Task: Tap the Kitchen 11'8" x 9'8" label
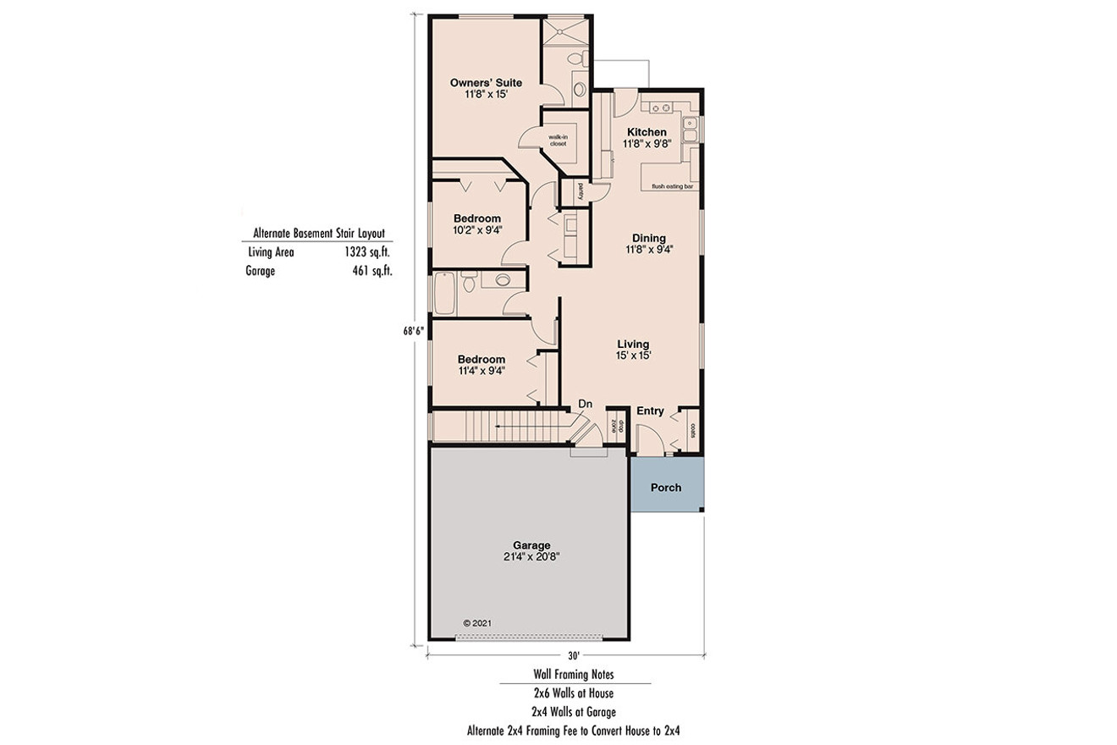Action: point(647,138)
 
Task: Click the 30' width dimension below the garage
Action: point(573,656)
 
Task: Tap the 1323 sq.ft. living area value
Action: point(367,252)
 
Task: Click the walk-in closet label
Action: point(557,141)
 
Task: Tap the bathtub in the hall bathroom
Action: point(444,292)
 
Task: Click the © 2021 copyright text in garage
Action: point(477,623)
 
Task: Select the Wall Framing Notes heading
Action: point(573,675)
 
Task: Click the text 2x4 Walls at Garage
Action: point(573,711)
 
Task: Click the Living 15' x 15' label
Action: point(633,349)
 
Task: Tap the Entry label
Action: point(650,411)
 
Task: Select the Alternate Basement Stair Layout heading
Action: point(320,233)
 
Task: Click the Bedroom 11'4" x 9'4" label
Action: point(481,364)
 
